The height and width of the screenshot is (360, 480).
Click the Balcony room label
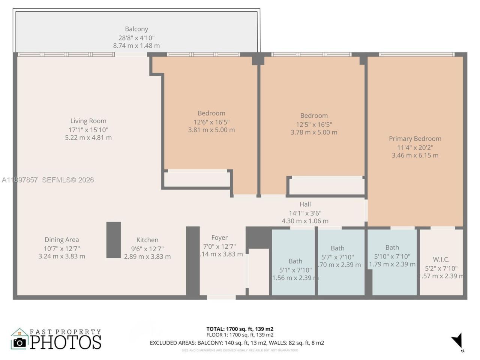point(136,29)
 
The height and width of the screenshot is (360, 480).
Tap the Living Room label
point(88,121)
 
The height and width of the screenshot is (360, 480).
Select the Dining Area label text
point(61,240)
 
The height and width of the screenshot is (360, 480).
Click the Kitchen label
point(147,240)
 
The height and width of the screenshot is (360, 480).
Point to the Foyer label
point(219,237)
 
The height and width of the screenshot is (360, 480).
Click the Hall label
point(305,204)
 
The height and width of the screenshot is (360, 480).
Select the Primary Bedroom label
point(415,138)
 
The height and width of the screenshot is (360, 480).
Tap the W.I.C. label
point(441,259)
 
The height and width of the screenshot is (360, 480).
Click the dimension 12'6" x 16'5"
point(211,122)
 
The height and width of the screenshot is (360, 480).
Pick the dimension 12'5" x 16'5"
point(314,124)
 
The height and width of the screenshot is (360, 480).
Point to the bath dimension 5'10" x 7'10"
point(392,256)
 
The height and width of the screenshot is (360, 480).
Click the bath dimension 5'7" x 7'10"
point(337,257)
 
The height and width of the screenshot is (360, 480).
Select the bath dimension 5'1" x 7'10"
point(295,270)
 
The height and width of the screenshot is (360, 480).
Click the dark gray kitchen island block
point(113,240)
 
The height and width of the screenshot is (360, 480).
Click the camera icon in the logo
point(19,342)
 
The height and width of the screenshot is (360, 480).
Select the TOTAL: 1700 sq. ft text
point(240,329)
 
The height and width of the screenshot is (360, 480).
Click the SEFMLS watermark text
point(68,180)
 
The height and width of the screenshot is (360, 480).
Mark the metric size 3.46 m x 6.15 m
point(415,155)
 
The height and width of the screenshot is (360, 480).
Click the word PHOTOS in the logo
point(66,342)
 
